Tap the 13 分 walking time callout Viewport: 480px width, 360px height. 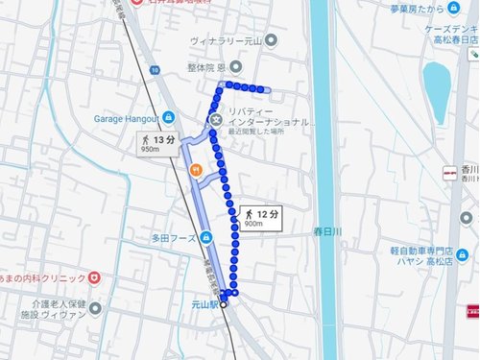coord(156,144)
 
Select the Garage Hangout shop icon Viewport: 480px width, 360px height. coord(169,118)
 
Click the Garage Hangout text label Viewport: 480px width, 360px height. coord(126,118)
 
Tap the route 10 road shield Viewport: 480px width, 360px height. coord(154,67)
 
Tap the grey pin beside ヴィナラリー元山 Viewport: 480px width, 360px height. coord(271,40)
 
